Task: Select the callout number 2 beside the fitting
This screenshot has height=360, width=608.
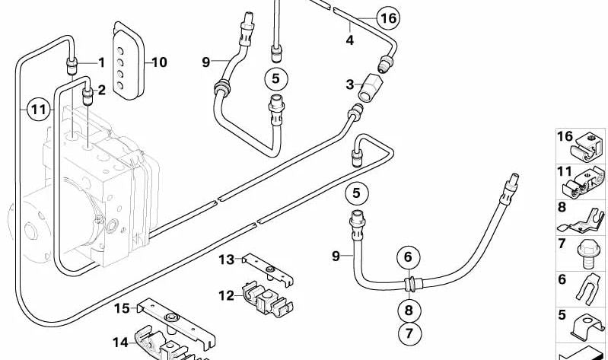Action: (102, 90)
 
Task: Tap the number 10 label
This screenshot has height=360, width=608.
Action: (159, 62)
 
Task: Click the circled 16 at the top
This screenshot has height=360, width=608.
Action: (387, 18)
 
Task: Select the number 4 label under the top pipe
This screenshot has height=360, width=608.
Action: (350, 40)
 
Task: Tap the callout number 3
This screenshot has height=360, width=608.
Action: (351, 85)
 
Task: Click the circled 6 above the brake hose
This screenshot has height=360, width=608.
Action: (408, 256)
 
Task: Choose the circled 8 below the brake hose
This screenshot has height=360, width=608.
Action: (408, 310)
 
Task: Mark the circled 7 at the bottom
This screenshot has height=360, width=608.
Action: (408, 333)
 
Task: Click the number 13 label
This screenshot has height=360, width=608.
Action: (227, 260)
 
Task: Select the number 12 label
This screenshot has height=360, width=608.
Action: (227, 295)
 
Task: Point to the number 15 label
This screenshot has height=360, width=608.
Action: (123, 309)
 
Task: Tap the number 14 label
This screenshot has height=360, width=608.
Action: (121, 342)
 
